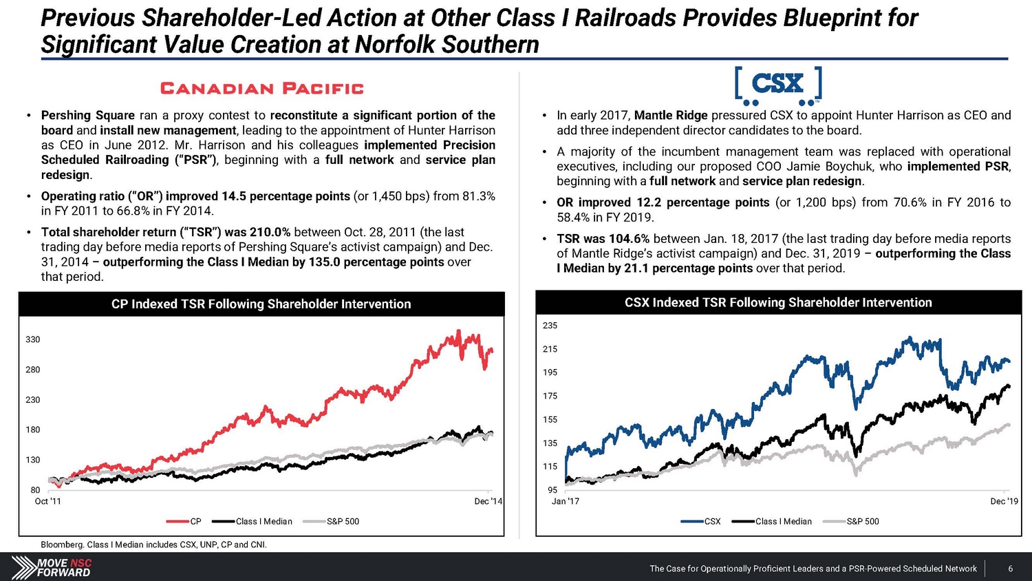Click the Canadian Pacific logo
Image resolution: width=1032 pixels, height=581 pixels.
tap(261, 88)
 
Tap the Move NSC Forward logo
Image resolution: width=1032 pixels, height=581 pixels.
tap(52, 567)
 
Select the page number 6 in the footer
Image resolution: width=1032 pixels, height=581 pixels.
tap(1010, 569)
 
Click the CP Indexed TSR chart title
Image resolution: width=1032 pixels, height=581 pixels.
tap(261, 304)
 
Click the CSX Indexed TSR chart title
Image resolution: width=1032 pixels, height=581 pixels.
tap(778, 302)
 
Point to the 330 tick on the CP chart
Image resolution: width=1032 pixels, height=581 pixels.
tap(33, 339)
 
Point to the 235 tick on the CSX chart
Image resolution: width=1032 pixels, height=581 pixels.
tap(550, 325)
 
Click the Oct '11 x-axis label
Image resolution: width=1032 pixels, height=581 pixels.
tap(47, 501)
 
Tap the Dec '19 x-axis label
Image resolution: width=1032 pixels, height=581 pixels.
tap(1004, 501)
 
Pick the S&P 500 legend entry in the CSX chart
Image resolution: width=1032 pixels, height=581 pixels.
tap(862, 521)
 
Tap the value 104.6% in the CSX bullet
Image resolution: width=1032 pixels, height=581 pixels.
tap(629, 238)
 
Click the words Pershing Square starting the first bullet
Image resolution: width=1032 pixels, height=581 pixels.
tap(88, 115)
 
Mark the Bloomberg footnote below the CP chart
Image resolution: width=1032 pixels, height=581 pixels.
tap(153, 545)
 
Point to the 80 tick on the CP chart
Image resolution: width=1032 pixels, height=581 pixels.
tap(35, 490)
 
